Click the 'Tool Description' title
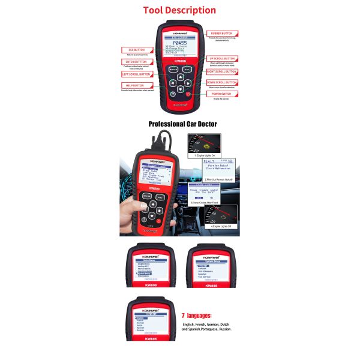tap(179, 10)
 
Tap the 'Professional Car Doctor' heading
tap(182, 124)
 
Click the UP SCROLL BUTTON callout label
tap(222, 59)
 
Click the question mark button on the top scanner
tap(173, 94)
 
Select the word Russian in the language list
tap(223, 329)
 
